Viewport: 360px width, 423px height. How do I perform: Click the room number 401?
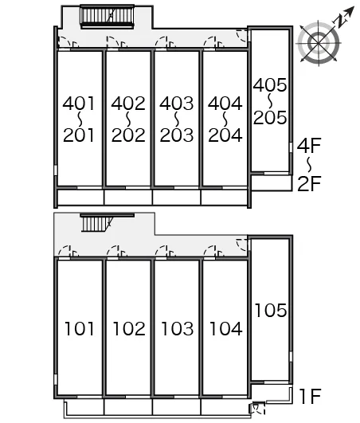[79, 104]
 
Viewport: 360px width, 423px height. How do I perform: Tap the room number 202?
[128, 135]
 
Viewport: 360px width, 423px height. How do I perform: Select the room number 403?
[177, 104]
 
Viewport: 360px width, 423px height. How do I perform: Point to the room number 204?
[225, 135]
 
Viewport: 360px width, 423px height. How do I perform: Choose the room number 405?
[270, 85]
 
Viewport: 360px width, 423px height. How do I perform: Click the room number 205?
[270, 118]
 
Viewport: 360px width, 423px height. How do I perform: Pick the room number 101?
[80, 329]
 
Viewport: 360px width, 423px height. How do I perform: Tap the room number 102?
[129, 329]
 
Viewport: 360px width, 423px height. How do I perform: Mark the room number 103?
[177, 329]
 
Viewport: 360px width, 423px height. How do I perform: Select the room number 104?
[226, 329]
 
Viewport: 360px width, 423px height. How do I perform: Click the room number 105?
[271, 310]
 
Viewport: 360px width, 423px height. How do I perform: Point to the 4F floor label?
[309, 146]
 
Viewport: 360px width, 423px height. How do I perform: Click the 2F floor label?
[309, 183]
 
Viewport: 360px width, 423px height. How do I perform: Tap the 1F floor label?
[310, 396]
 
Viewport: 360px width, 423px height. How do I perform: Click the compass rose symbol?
[319, 43]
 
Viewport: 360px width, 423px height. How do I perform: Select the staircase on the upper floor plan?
[107, 17]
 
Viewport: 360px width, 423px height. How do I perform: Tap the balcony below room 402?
[128, 198]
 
